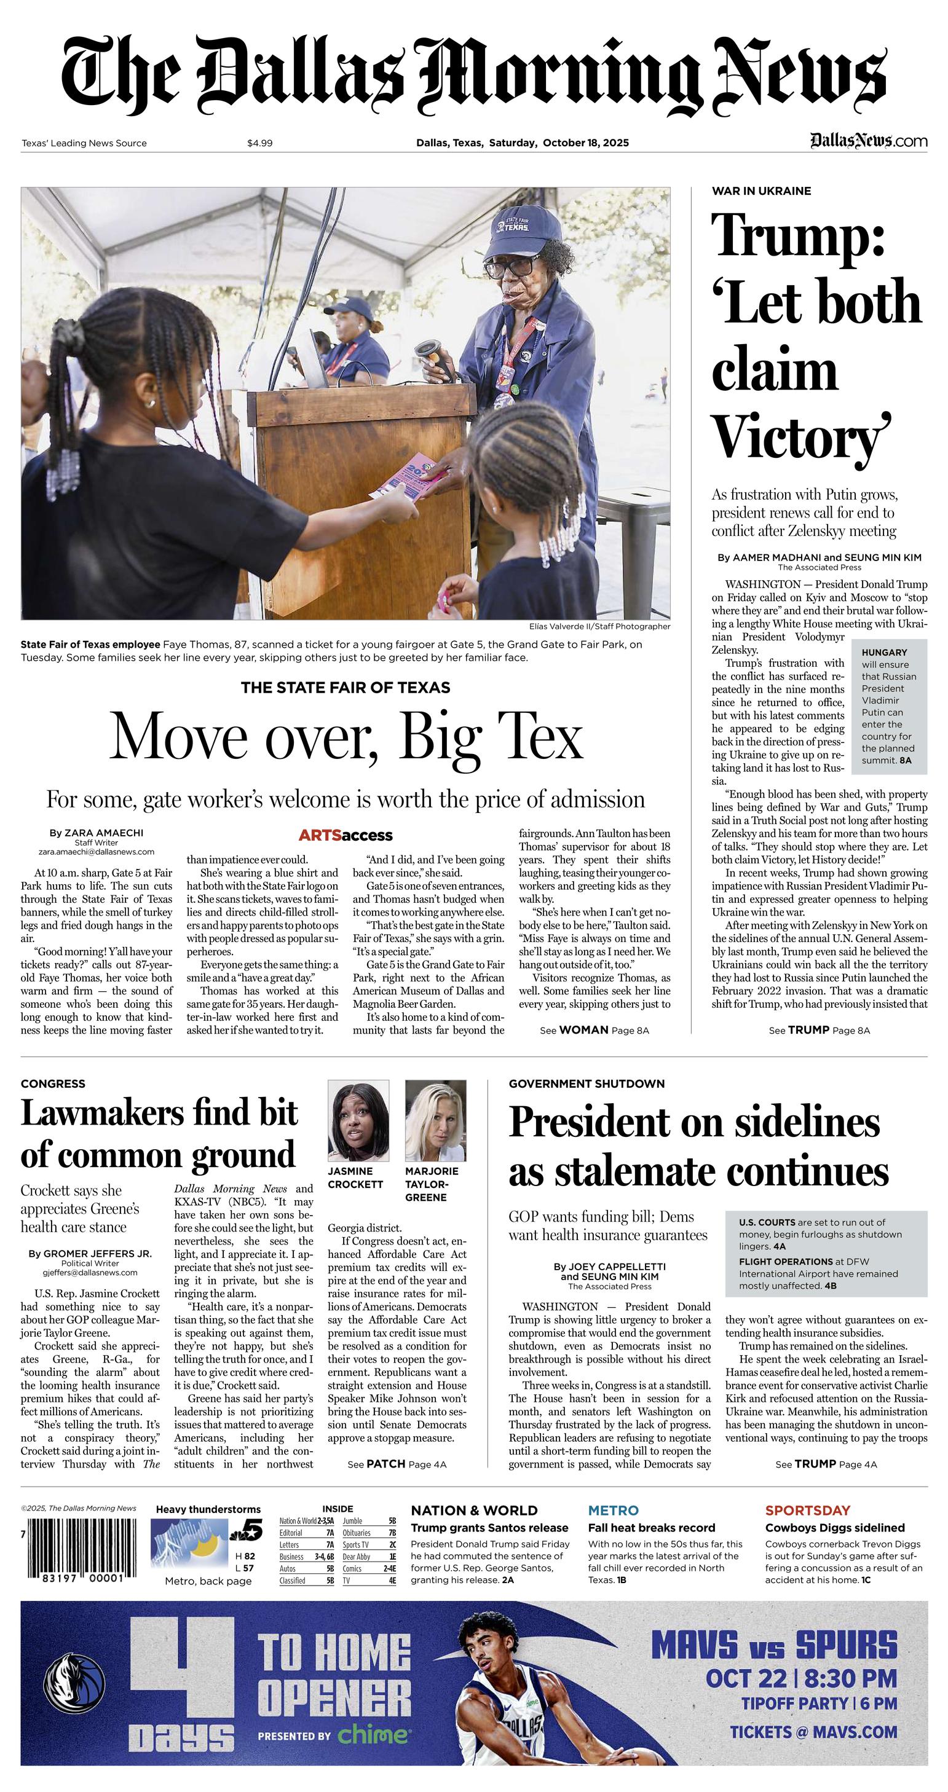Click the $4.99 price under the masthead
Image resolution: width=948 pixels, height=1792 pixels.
pyautogui.click(x=259, y=143)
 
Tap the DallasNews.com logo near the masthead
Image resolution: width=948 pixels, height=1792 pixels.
pyautogui.click(x=868, y=141)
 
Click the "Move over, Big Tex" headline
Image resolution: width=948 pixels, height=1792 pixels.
pyautogui.click(x=346, y=737)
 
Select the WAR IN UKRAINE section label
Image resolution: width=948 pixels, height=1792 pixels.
pyautogui.click(x=760, y=191)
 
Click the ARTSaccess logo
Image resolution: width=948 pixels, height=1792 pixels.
pyautogui.click(x=346, y=836)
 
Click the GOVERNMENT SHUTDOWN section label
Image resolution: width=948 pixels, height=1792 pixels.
pyautogui.click(x=586, y=1084)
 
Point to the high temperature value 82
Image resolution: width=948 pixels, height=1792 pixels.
pyautogui.click(x=250, y=1556)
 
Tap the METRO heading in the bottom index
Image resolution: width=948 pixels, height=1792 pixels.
pyautogui.click(x=612, y=1511)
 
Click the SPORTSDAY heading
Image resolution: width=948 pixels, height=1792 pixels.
pyautogui.click(x=807, y=1511)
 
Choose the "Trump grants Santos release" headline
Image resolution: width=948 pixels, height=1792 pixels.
pyautogui.click(x=489, y=1528)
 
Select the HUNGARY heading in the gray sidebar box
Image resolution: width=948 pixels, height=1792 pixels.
pyautogui.click(x=884, y=653)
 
